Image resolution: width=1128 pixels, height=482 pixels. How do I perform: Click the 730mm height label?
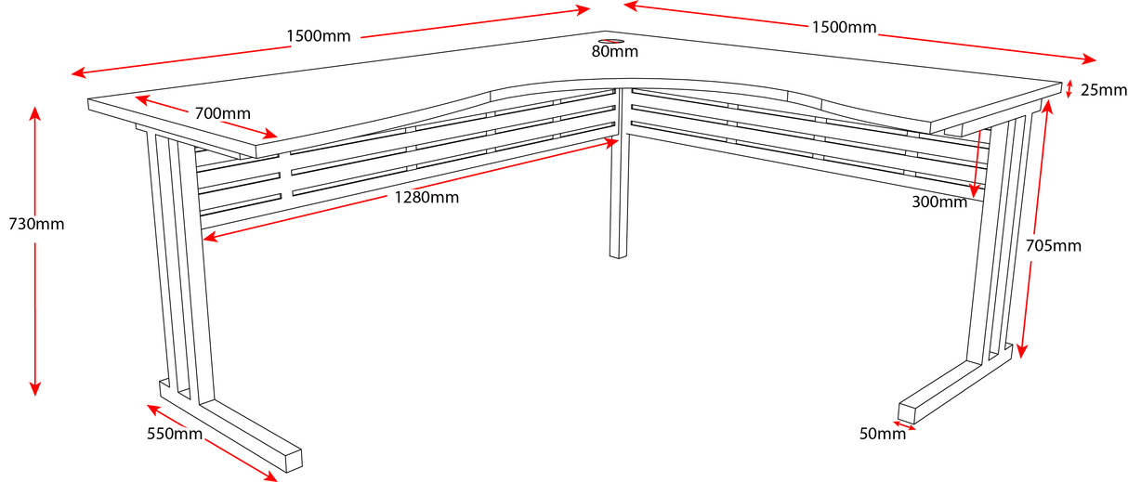coord(36,224)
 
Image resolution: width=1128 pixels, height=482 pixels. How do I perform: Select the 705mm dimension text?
coord(1054,246)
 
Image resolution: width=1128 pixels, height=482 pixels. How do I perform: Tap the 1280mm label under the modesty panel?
coord(426,197)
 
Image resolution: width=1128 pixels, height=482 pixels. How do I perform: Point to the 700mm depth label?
coord(222,114)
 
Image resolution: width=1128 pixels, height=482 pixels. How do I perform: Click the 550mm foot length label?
coord(175,434)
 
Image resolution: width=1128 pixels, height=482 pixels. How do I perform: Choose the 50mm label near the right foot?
coord(882,434)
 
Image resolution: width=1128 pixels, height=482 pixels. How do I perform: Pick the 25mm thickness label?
coord(1104,90)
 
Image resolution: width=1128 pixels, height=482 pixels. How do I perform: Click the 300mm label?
coord(939,202)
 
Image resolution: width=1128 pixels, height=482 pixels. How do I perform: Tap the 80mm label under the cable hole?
coord(614,52)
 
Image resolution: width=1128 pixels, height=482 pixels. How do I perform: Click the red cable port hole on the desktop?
coord(610,41)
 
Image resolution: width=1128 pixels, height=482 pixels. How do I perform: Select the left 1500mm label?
coord(319,36)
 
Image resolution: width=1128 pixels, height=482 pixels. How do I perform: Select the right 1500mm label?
coord(844,27)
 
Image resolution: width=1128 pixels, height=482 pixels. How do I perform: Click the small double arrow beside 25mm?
coord(1069,89)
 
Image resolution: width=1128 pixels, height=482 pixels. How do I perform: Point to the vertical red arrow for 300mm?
coord(977,163)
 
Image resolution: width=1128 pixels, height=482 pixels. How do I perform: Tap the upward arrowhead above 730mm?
coord(35,114)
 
